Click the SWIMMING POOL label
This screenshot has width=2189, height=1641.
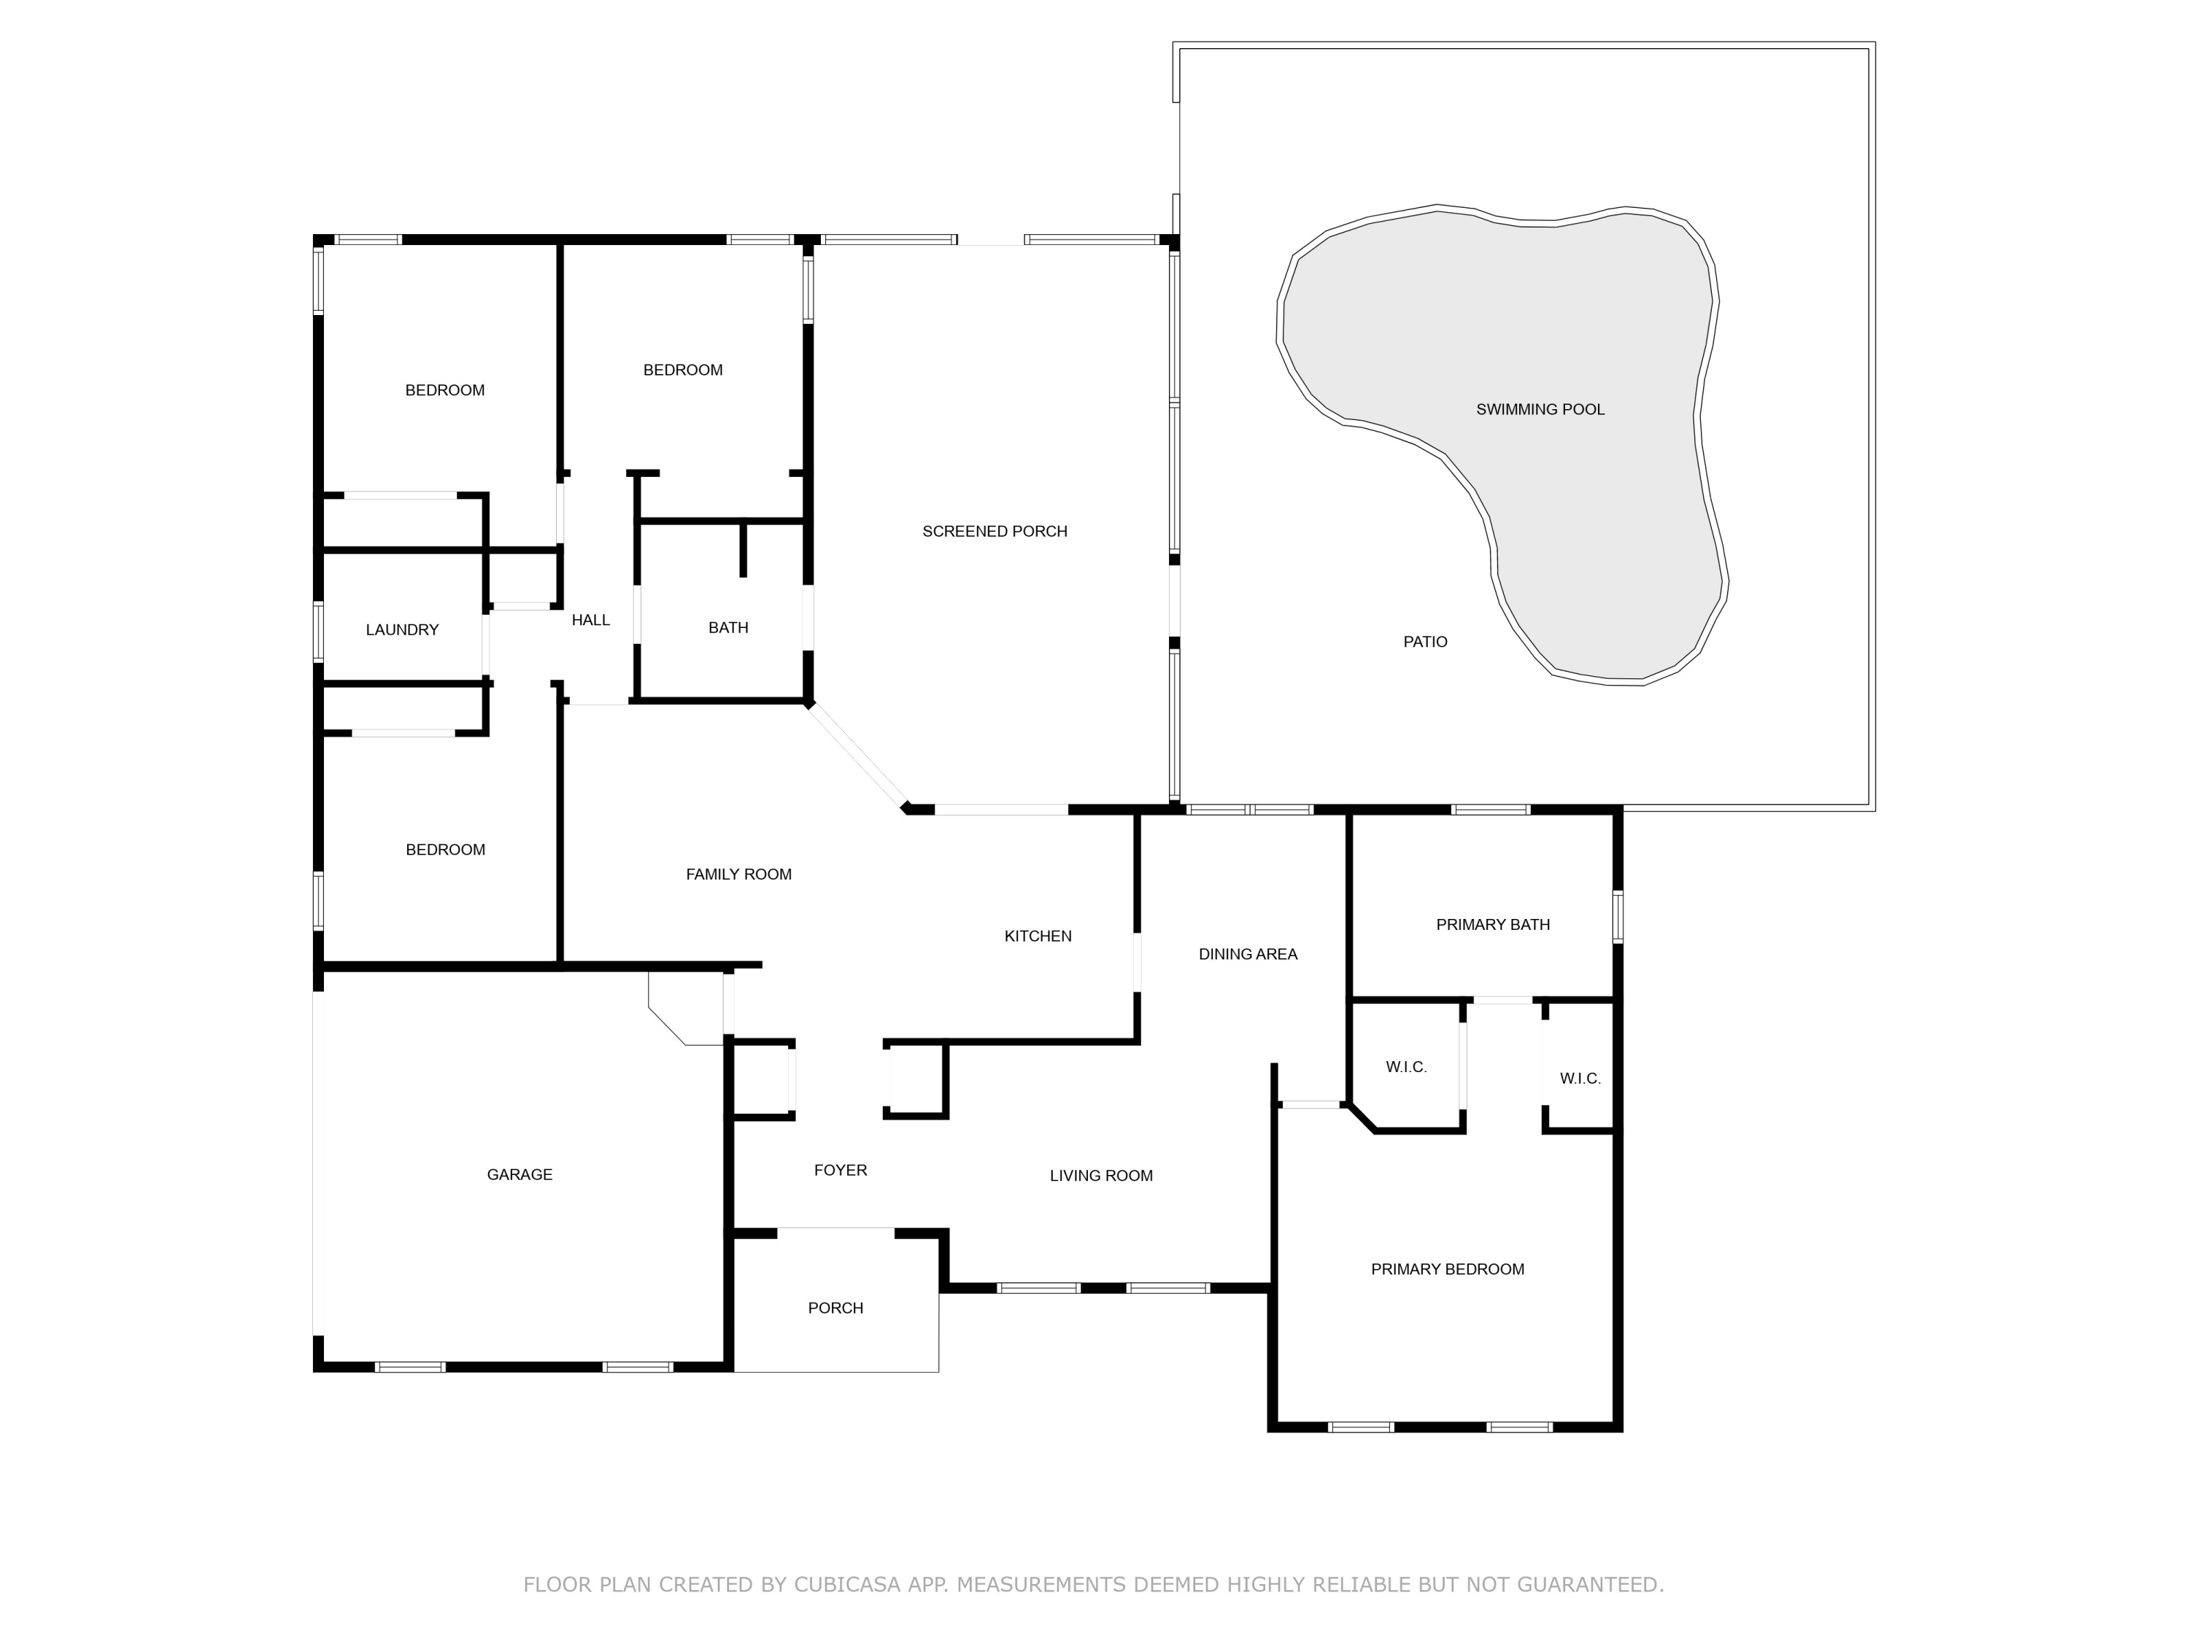[x=1540, y=409]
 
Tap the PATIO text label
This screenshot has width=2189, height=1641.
[x=1425, y=642]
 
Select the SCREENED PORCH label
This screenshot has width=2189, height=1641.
[x=995, y=531]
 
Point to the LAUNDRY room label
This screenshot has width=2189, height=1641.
[x=402, y=630]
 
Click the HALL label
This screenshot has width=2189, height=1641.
[x=591, y=620]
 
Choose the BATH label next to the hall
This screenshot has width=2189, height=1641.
[x=728, y=627]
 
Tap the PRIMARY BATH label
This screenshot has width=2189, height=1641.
[x=1492, y=925]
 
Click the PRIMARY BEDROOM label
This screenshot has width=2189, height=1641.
[x=1447, y=1269]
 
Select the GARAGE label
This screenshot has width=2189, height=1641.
[x=520, y=1175]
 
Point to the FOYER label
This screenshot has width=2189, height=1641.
[x=840, y=1170]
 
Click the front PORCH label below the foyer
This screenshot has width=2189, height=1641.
[x=835, y=1308]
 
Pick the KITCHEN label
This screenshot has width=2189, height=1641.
[x=1037, y=936]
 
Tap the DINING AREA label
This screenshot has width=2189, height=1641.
[x=1247, y=955]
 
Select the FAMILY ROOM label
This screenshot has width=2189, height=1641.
[x=738, y=874]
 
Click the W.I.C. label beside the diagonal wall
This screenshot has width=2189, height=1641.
[x=1405, y=1067]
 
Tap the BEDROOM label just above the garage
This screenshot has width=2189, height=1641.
[x=445, y=850]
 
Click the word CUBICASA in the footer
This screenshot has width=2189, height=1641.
[x=846, y=1585]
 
